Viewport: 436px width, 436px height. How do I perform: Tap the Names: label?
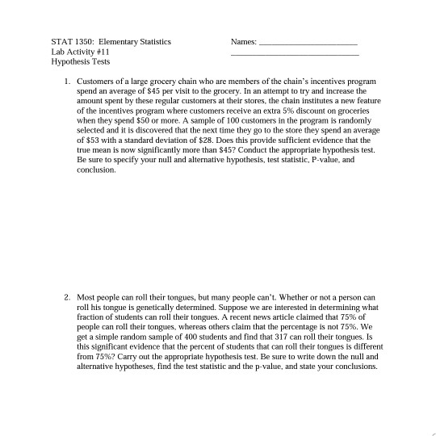(243, 40)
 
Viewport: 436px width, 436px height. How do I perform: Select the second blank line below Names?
(294, 54)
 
